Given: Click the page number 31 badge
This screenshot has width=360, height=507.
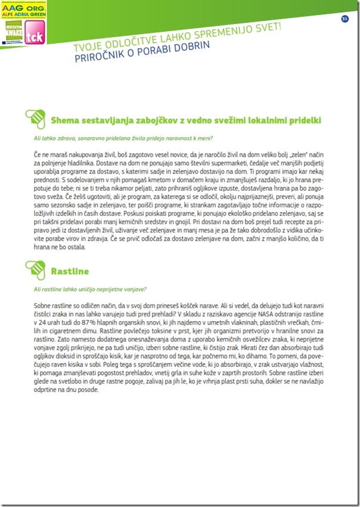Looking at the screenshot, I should (345, 18).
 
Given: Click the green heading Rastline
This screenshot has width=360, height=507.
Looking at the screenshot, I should (70, 272).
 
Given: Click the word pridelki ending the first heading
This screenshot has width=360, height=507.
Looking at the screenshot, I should (302, 120).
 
